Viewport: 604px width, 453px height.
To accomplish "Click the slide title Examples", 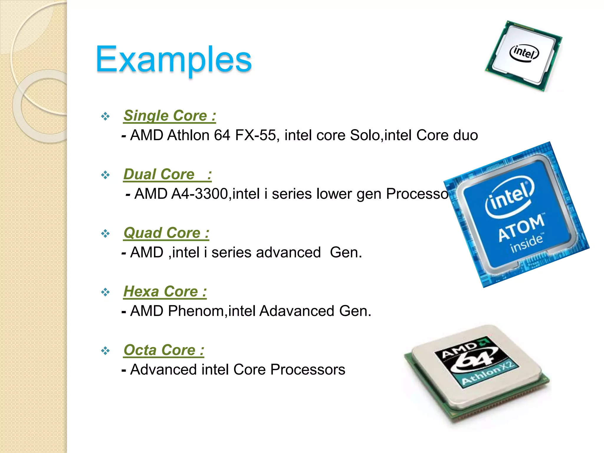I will [x=173, y=60].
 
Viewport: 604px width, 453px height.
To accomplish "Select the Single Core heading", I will [x=170, y=116].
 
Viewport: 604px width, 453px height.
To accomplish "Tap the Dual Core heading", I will [x=167, y=174].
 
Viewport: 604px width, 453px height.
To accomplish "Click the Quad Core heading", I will [x=166, y=233].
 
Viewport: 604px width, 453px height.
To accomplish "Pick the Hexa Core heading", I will [x=165, y=292].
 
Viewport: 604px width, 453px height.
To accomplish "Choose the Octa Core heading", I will [x=164, y=350].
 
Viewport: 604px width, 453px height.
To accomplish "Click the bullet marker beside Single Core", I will [x=105, y=116].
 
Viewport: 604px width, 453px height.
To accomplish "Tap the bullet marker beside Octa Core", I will [x=105, y=351].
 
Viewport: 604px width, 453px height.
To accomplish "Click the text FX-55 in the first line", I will [x=255, y=135].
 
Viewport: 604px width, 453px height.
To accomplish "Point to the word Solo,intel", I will [x=381, y=135].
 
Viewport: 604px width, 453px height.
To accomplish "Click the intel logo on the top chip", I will [x=524, y=53].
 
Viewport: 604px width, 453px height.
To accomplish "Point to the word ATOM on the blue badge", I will [x=521, y=228].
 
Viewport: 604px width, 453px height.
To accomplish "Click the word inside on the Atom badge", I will [x=527, y=244].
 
